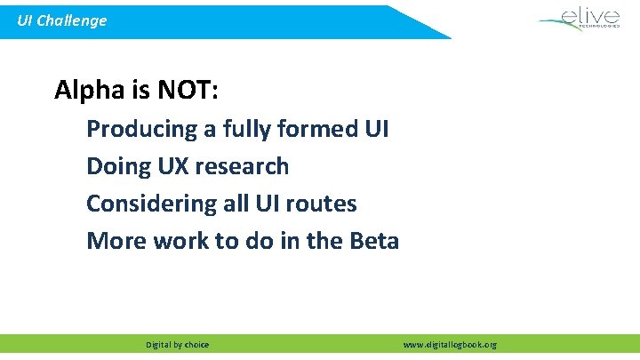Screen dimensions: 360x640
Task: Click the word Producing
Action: [141, 129]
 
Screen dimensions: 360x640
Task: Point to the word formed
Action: [318, 129]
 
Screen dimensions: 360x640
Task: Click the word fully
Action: [247, 129]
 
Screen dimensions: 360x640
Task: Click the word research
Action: [240, 166]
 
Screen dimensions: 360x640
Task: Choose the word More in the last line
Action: [113, 241]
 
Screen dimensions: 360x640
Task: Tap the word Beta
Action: [373, 241]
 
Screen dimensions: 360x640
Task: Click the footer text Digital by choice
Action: [178, 345]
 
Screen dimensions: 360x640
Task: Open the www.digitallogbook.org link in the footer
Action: [450, 345]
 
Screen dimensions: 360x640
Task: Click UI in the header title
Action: [27, 20]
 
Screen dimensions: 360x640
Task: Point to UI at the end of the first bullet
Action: [376, 129]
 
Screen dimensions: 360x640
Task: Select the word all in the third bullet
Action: [234, 204]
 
